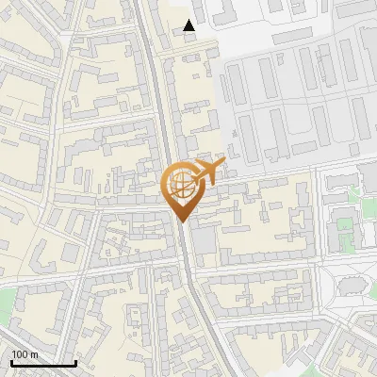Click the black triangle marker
tap(189, 25)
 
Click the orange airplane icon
tap(208, 172)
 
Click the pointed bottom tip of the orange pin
tap(183, 221)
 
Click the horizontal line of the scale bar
tap(43, 364)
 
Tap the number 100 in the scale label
tap(21, 354)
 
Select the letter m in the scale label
tap(34, 354)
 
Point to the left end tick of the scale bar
tap(11, 362)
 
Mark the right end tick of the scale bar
tap(75, 362)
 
